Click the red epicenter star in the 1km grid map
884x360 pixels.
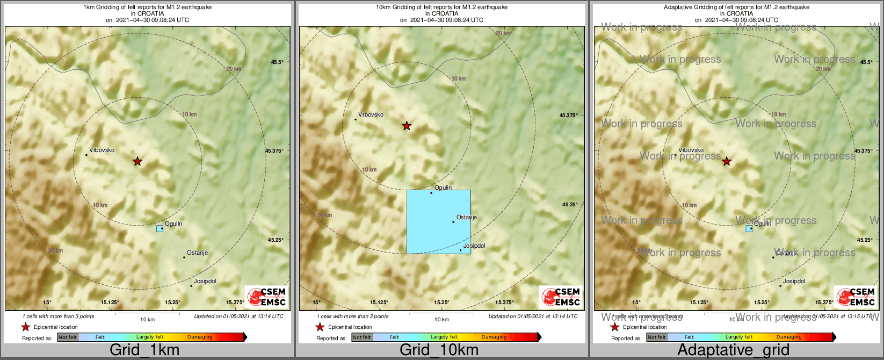pyautogui.click(x=137, y=161)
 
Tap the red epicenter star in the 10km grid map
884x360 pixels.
pyautogui.click(x=407, y=126)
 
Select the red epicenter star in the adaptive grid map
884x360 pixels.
pyautogui.click(x=727, y=161)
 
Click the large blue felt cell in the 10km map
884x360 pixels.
pyautogui.click(x=438, y=221)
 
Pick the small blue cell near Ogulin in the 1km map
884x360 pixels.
pyautogui.click(x=160, y=228)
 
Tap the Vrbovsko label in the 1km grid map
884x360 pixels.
pyautogui.click(x=102, y=150)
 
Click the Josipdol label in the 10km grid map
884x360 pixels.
pyautogui.click(x=474, y=246)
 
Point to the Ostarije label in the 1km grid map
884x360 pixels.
pyautogui.click(x=197, y=253)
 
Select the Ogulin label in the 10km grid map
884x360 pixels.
pyautogui.click(x=443, y=188)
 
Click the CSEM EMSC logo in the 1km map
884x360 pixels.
pyautogui.click(x=267, y=297)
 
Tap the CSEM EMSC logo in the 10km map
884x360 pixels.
pyautogui.click(x=561, y=297)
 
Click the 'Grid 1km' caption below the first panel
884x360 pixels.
pyautogui.click(x=144, y=350)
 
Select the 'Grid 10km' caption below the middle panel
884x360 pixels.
pyautogui.click(x=439, y=350)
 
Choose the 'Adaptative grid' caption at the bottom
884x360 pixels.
pyautogui.click(x=733, y=350)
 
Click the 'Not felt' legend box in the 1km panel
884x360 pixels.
pyautogui.click(x=68, y=337)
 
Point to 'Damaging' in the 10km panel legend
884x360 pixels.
pyautogui.click(x=494, y=337)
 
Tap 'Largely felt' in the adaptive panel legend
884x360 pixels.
pyautogui.click(x=739, y=337)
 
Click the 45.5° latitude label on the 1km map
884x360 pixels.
pyautogui.click(x=277, y=62)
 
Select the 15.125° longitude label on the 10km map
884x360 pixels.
pyautogui.click(x=379, y=303)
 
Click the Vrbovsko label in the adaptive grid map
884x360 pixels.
pyautogui.click(x=691, y=150)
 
